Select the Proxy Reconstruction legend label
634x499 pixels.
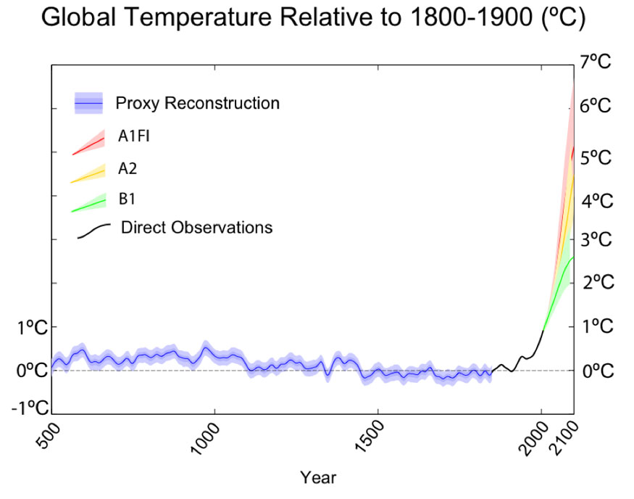pos(197,104)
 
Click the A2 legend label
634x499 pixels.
pos(128,169)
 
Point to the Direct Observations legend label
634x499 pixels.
pos(196,228)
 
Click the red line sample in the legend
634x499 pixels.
pos(88,146)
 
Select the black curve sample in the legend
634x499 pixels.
pos(93,230)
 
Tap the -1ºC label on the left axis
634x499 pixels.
pos(29,407)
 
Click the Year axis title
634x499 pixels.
pos(319,478)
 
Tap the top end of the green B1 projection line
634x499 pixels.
pos(573,257)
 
